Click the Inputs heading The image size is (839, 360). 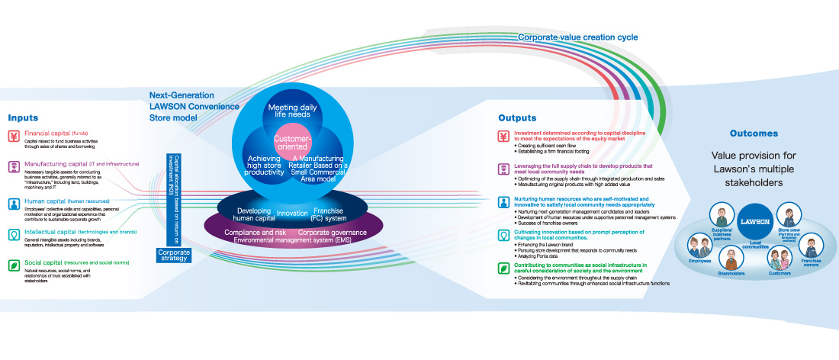click(x=23, y=118)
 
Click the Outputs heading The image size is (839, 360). click(x=518, y=118)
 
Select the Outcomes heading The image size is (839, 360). click(x=754, y=133)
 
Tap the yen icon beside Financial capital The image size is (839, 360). click(x=14, y=137)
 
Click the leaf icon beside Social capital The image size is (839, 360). click(x=14, y=265)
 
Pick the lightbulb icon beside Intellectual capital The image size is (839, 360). click(x=14, y=233)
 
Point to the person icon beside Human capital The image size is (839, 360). click(x=14, y=202)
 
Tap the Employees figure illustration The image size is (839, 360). click(x=696, y=245)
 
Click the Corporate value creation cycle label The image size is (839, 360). click(x=578, y=37)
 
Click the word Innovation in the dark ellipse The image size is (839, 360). click(x=291, y=213)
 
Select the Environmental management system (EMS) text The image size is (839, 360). click(x=291, y=240)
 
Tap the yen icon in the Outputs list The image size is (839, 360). click(x=503, y=137)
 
